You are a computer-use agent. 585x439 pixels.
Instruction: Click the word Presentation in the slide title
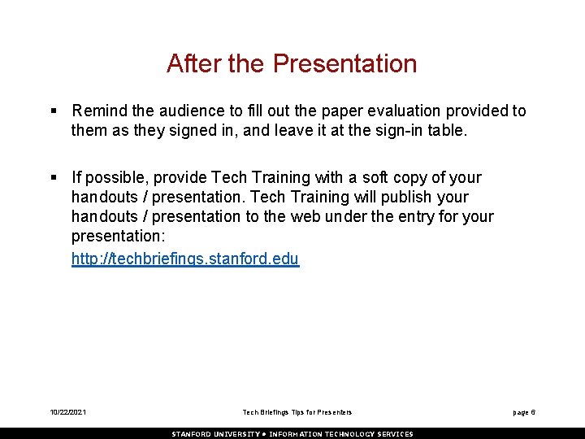[344, 63]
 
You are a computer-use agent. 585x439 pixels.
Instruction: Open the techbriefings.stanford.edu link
[185, 259]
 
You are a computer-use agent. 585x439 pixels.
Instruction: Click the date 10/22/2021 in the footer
[67, 413]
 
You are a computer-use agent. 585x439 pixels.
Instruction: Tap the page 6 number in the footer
[523, 413]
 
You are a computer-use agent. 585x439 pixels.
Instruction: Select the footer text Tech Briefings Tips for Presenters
[297, 413]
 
